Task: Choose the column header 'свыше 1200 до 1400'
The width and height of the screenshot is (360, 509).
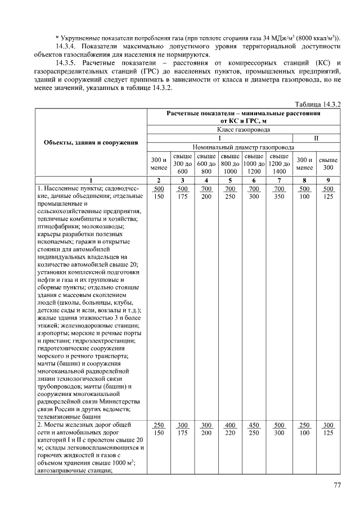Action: [x=279, y=163]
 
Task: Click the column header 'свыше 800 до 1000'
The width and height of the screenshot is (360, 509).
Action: [x=231, y=163]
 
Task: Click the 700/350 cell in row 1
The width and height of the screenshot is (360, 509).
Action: [x=279, y=192]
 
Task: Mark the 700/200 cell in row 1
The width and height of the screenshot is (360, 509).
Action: [x=206, y=192]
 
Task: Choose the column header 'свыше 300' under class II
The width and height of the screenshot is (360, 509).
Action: [x=328, y=163]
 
